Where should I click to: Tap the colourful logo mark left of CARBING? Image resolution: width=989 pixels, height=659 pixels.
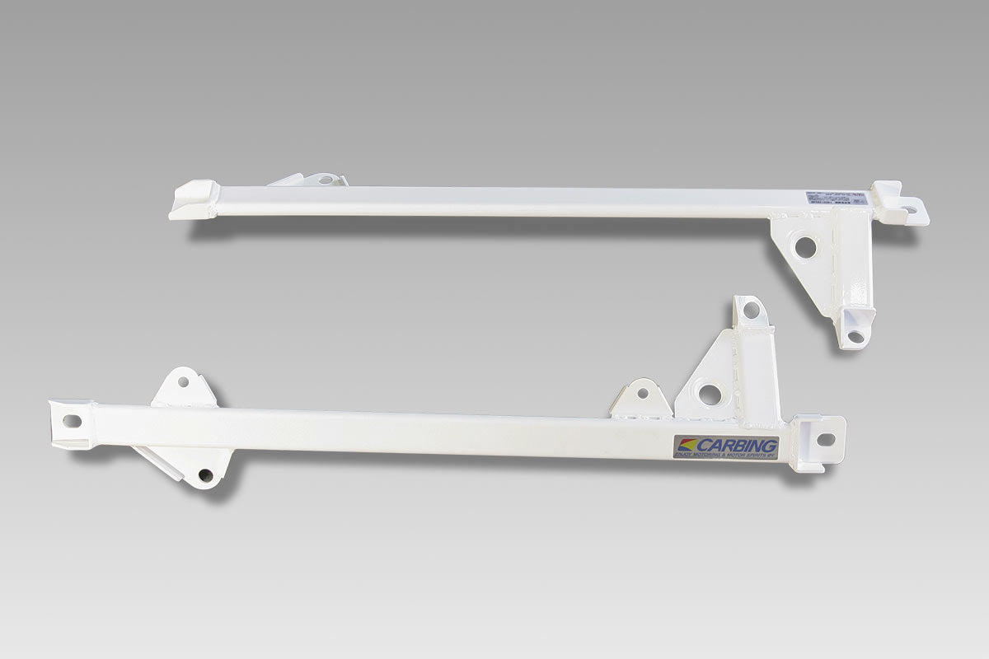(686, 446)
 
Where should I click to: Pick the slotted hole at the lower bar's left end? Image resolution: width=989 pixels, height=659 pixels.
(71, 420)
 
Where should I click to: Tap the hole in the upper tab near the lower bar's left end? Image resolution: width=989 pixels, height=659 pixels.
(182, 381)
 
